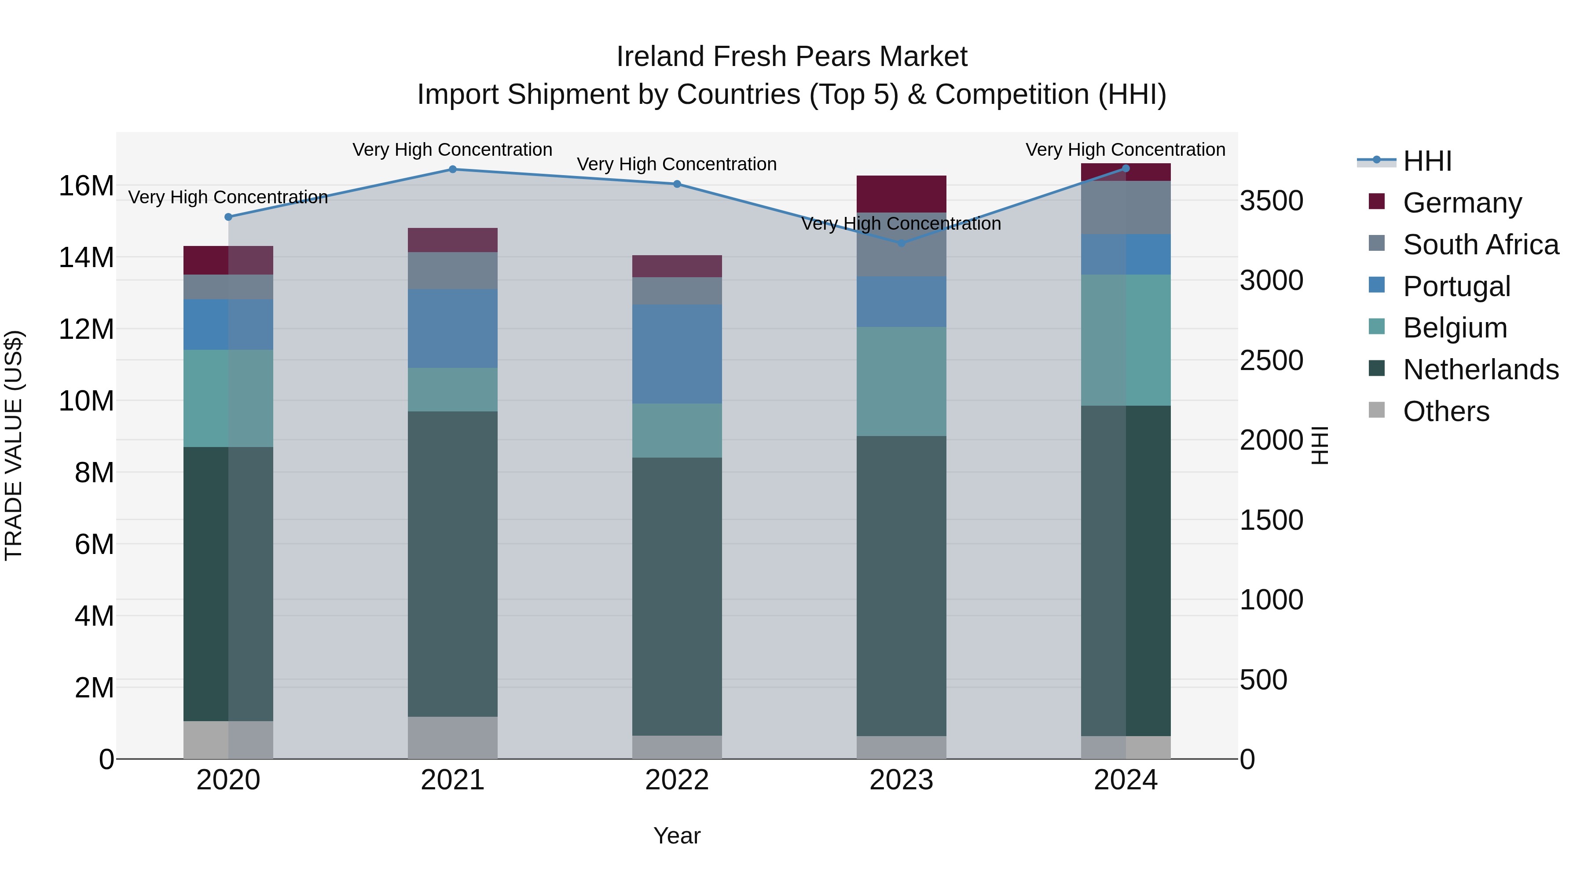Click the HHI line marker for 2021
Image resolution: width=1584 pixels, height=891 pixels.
click(x=453, y=169)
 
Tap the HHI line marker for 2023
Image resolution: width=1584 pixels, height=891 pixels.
click(x=902, y=243)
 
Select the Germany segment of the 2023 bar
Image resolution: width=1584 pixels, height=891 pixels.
click(x=902, y=194)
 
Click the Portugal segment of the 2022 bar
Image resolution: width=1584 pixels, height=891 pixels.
click(x=677, y=354)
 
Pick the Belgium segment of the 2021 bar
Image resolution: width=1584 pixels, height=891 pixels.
click(x=453, y=390)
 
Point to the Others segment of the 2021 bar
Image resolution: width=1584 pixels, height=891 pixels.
click(x=453, y=737)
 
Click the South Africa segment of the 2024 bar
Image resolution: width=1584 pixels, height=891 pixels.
click(x=1126, y=207)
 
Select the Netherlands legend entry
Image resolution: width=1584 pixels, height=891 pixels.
click(x=1480, y=370)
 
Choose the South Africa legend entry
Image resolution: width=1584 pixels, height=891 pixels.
click(x=1480, y=244)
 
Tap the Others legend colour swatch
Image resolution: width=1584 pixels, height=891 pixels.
click(x=1377, y=410)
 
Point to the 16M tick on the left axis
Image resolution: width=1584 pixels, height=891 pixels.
click(x=86, y=186)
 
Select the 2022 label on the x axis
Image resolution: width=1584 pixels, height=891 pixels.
click(x=677, y=780)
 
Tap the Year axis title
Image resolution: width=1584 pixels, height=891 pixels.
click(x=677, y=836)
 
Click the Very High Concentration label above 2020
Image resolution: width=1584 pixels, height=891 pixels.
click(x=228, y=198)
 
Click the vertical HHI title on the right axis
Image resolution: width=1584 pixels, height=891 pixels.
click(x=1320, y=445)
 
